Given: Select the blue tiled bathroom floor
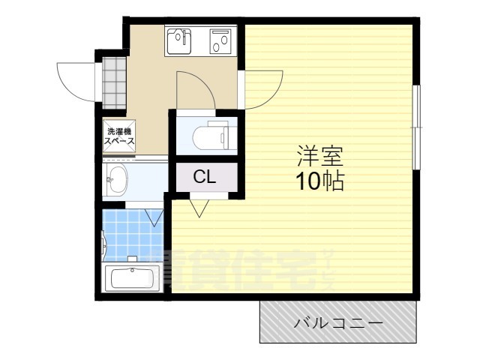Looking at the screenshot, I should coord(131,236).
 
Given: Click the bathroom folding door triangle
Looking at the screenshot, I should coord(155,217).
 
